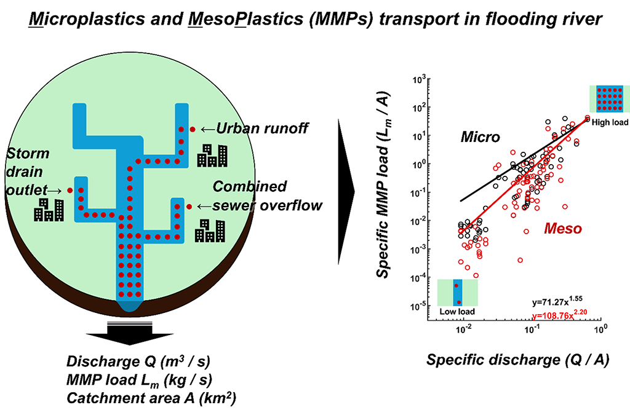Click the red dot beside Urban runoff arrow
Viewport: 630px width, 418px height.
coord(192,129)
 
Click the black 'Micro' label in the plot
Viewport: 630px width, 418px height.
coord(482,137)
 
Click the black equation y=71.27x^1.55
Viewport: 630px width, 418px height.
coord(557,303)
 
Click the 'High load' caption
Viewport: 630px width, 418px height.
coord(610,122)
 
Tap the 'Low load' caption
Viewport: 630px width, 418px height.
coord(457,312)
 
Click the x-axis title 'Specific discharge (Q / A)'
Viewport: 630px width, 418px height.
coord(517,361)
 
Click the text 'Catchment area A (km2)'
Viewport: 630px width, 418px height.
coord(150,398)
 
